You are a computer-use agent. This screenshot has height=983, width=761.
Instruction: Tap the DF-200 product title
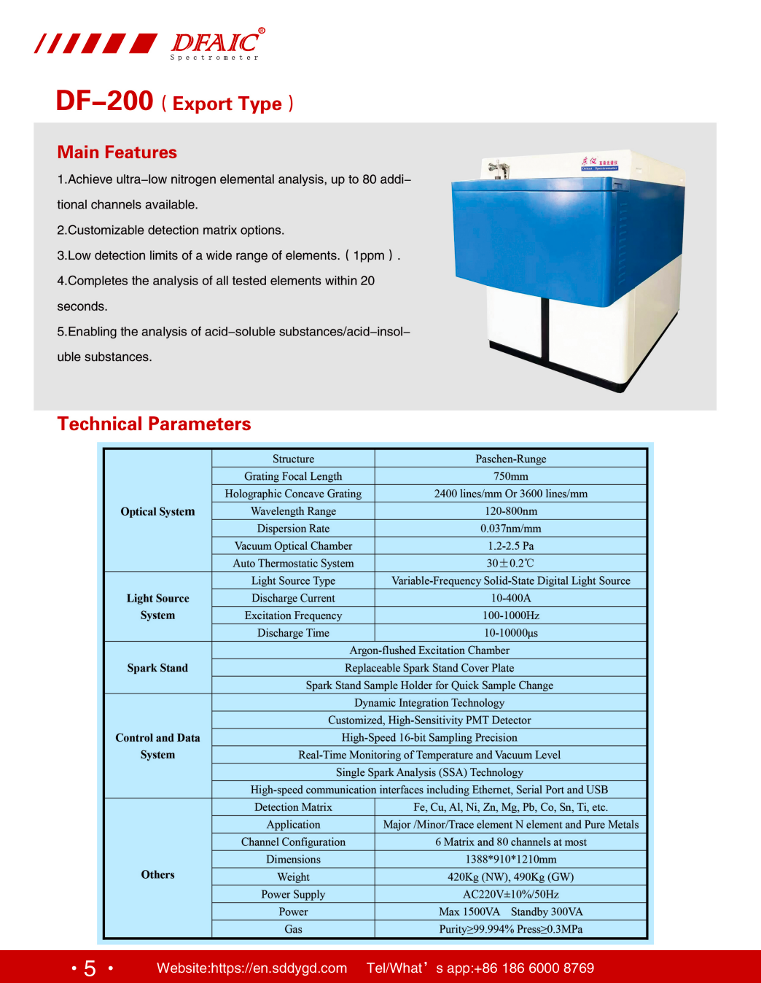pyautogui.click(x=104, y=101)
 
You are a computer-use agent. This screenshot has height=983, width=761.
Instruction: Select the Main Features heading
pyautogui.click(x=117, y=152)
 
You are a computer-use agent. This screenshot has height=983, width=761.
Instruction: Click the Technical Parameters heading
pyautogui.click(x=154, y=424)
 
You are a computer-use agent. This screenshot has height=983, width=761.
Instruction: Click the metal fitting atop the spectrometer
pyautogui.click(x=499, y=170)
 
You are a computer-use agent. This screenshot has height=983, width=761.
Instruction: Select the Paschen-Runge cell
pyautogui.click(x=510, y=459)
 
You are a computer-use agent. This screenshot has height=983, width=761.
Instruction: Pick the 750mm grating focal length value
pyautogui.click(x=510, y=476)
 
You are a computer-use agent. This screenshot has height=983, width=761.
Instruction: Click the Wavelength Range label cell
pyautogui.click(x=293, y=511)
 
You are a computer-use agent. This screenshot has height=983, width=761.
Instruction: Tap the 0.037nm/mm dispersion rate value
pyautogui.click(x=510, y=529)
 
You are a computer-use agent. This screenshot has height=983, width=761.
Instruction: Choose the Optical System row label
pyautogui.click(x=157, y=511)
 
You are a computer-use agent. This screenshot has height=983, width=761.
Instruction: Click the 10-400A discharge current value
pyautogui.click(x=510, y=598)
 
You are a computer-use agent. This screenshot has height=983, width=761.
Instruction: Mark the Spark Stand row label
pyautogui.click(x=157, y=668)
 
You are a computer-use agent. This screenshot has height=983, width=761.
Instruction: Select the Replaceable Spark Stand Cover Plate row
pyautogui.click(x=429, y=668)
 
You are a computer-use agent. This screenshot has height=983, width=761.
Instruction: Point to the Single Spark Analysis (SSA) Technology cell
pyautogui.click(x=429, y=772)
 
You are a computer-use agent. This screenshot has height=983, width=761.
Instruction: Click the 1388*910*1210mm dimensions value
pyautogui.click(x=510, y=860)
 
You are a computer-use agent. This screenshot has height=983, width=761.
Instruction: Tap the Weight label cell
pyautogui.click(x=293, y=877)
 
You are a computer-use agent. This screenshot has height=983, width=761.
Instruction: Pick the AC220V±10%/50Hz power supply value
pyautogui.click(x=510, y=895)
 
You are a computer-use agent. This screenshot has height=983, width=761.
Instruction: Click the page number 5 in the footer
pyautogui.click(x=90, y=968)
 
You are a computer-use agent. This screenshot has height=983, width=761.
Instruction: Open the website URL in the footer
pyautogui.click(x=251, y=968)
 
